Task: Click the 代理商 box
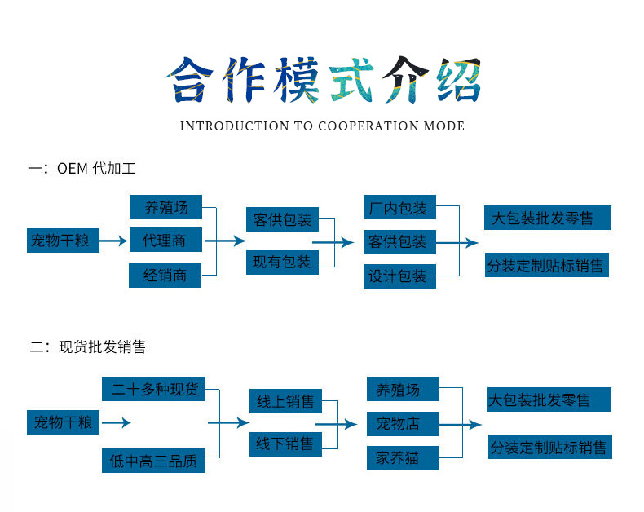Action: [x=165, y=241]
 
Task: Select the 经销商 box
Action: [x=165, y=276]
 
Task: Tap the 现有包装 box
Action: [x=282, y=263]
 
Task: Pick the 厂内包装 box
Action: [x=399, y=208]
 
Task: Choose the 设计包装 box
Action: [x=399, y=276]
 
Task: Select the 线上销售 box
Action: [x=285, y=402]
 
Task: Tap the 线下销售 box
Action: [x=285, y=444]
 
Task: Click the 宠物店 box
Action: [x=403, y=424]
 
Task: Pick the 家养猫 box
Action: [x=403, y=458]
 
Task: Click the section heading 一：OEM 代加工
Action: [x=82, y=170]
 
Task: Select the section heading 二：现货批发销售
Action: [x=88, y=347]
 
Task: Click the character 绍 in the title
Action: [x=457, y=79]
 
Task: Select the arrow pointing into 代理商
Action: [x=114, y=241]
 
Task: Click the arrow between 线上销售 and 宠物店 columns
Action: [x=337, y=424]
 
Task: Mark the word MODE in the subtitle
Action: [x=443, y=126]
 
